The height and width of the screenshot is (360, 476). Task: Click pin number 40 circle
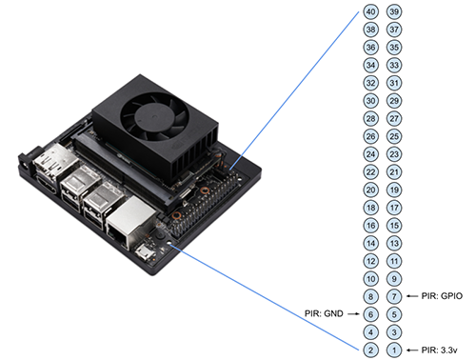(x=370, y=11)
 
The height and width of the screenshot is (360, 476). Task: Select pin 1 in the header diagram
(x=394, y=350)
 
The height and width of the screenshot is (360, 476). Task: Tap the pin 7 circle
(x=394, y=296)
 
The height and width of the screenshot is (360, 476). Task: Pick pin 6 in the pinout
(x=370, y=314)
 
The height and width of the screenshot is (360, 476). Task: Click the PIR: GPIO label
(x=442, y=296)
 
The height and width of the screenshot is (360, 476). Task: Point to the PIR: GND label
(x=324, y=313)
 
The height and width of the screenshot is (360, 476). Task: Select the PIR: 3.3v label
(x=439, y=350)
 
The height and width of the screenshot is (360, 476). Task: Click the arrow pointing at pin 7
(x=412, y=296)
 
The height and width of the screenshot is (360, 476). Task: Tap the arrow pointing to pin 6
(x=353, y=314)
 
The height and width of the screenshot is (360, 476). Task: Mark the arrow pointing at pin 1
(x=412, y=350)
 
